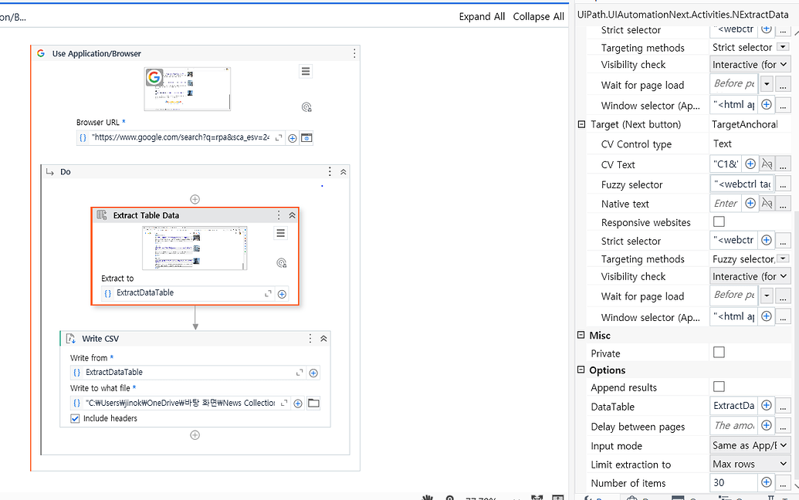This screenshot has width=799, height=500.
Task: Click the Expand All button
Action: [482, 16]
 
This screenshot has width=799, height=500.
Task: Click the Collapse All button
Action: [538, 16]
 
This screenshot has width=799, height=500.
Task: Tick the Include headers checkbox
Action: [75, 418]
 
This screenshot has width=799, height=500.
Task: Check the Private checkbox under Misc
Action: [719, 353]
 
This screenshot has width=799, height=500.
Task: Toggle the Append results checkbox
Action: [719, 387]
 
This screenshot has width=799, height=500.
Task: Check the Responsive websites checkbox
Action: [719, 222]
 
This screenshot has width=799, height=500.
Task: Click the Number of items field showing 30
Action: [733, 482]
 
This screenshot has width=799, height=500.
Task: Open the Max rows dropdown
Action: [750, 465]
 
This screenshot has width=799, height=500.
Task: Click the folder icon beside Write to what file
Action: [313, 403]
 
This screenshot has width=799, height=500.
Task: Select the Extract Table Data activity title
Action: [146, 215]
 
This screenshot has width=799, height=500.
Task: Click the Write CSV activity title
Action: [100, 338]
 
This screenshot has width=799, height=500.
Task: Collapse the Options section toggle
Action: [581, 370]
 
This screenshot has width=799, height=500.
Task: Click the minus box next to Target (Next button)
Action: [581, 124]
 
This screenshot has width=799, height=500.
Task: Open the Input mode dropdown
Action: [750, 445]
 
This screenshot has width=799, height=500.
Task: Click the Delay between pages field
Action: [733, 426]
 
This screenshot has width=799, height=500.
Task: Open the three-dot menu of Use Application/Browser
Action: [354, 53]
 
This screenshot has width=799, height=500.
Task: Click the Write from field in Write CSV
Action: [185, 372]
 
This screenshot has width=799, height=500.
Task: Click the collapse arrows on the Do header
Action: [343, 171]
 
